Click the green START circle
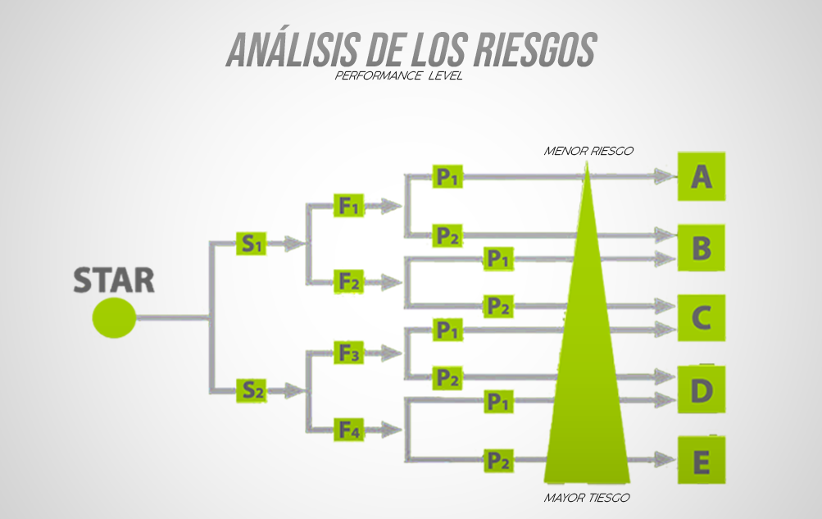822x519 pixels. (114, 317)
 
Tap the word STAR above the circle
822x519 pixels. (114, 280)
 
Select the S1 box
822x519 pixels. (251, 243)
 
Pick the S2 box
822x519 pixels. (251, 390)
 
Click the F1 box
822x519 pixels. (349, 205)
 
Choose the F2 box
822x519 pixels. (349, 281)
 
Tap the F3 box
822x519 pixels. (349, 353)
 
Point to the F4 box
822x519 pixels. (349, 429)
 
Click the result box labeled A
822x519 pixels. (701, 176)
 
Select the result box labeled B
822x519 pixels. (701, 248)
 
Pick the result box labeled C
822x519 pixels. (701, 317)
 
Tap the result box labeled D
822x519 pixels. (701, 390)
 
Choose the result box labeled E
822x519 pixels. (701, 462)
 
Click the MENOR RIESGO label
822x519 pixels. (588, 151)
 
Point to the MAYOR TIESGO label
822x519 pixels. (587, 498)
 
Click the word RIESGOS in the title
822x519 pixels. (533, 51)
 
